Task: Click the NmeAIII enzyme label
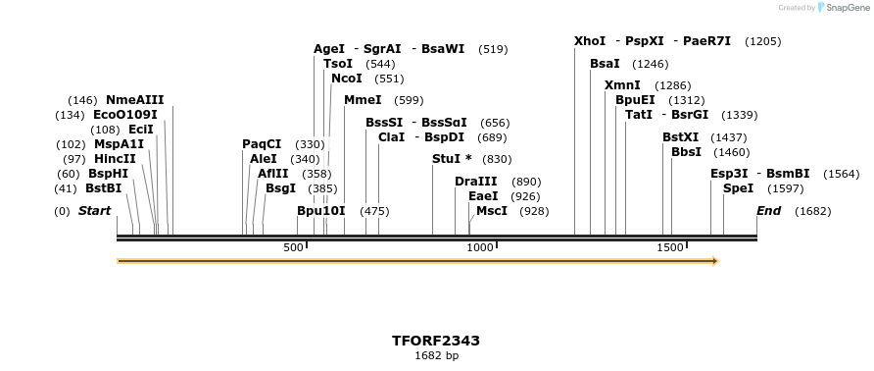[135, 100]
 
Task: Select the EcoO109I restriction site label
[125, 115]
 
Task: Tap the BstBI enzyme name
[104, 187]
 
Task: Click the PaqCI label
[262, 144]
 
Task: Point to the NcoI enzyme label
[347, 79]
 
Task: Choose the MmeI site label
[363, 100]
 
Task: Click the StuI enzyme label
[452, 159]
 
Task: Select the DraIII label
[476, 182]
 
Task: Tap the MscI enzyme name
[492, 211]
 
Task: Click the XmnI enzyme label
[622, 85]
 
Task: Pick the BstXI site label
[681, 137]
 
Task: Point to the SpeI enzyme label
[739, 187]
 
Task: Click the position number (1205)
[762, 41]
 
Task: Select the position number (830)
[497, 159]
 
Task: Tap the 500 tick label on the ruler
[293, 247]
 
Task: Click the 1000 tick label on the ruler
[480, 247]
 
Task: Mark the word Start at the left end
[94, 211]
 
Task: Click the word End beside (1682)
[769, 211]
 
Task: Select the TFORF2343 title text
[436, 341]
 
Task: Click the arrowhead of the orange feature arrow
[715, 261]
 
